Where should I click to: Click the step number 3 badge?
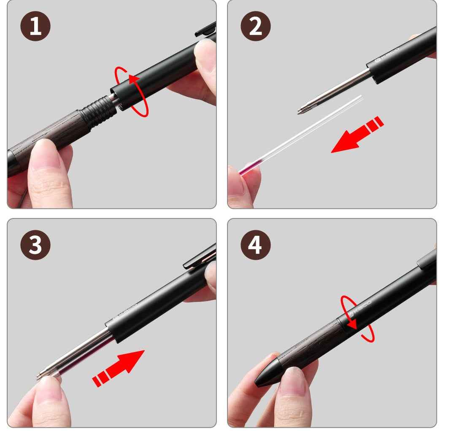coord(35,245)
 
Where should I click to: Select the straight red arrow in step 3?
coord(120,367)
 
